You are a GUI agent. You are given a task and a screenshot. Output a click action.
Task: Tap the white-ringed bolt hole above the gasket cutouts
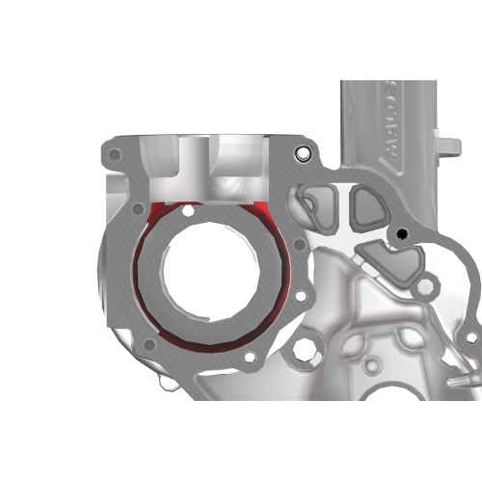pyautogui.click(x=304, y=154)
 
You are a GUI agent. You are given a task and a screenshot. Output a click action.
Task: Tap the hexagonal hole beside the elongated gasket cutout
pyautogui.click(x=424, y=286)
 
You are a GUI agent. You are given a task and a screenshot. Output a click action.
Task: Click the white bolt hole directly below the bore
pyautogui.click(x=251, y=359)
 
